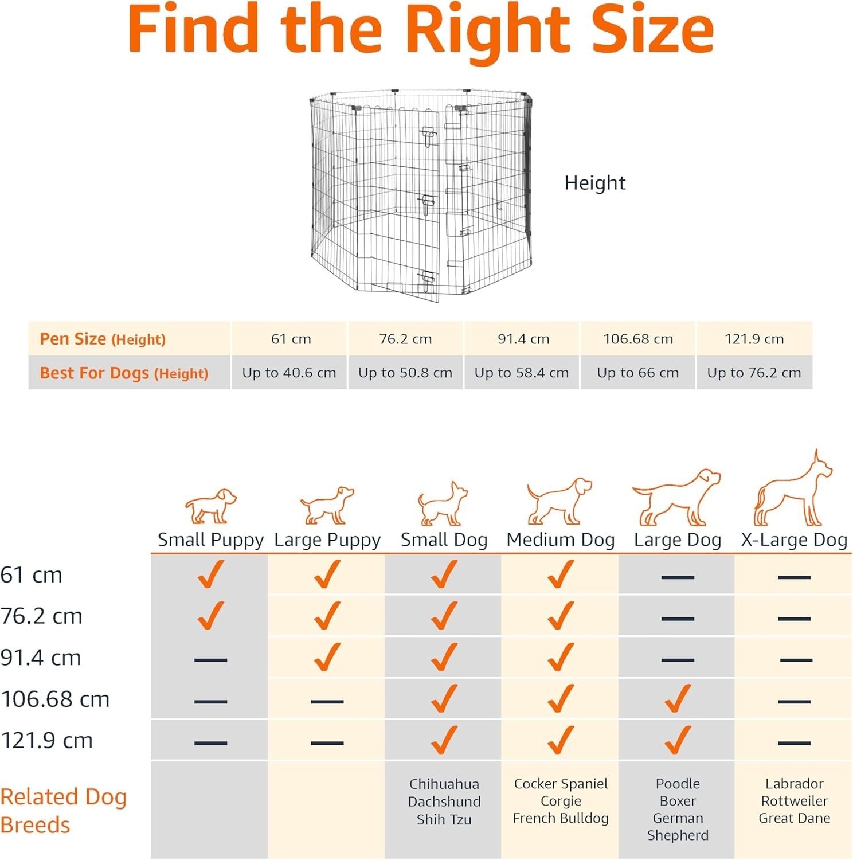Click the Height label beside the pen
click(x=594, y=183)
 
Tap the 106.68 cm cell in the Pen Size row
click(x=638, y=339)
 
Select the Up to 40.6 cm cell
click(x=289, y=373)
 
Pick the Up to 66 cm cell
click(x=638, y=373)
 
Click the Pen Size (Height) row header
click(x=103, y=339)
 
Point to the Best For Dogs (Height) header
click(x=124, y=373)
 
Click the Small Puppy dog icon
click(x=210, y=506)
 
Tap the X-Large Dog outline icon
click(x=793, y=488)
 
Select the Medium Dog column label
click(x=560, y=540)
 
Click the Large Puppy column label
click(x=327, y=540)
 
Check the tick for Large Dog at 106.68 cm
click(x=678, y=698)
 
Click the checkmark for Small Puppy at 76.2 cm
click(x=210, y=616)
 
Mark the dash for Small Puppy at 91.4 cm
click(x=210, y=660)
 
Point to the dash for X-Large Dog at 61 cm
click(x=794, y=577)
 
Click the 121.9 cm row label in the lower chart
click(x=46, y=741)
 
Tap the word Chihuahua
click(x=444, y=784)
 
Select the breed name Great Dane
click(x=794, y=818)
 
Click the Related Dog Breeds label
click(x=63, y=811)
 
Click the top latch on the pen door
click(x=427, y=136)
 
